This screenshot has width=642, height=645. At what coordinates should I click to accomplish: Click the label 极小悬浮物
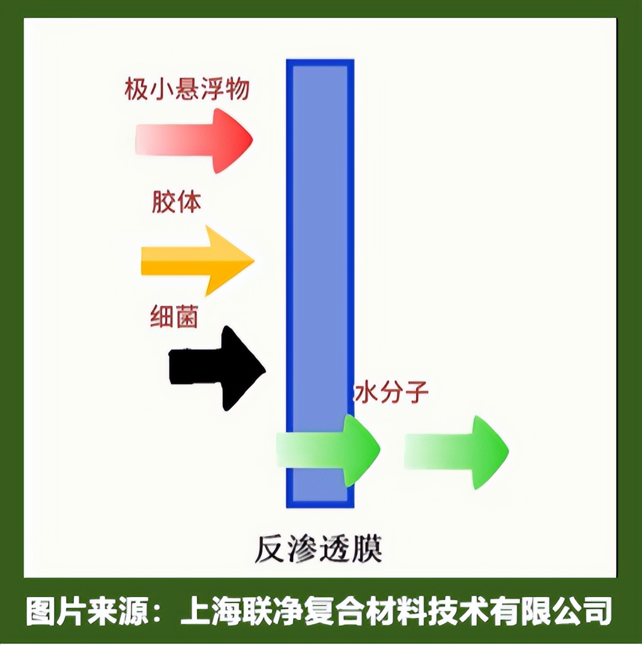[x=187, y=89]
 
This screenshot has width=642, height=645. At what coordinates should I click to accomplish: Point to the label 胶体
[x=176, y=202]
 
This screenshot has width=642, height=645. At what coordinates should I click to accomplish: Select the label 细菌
[x=174, y=317]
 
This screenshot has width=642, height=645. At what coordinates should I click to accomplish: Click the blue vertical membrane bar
[x=320, y=236]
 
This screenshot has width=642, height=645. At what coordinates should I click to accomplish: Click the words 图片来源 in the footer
[x=87, y=611]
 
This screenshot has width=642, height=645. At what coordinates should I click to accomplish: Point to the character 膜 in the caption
[x=367, y=549]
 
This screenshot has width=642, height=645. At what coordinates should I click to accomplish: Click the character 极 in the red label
[x=136, y=89]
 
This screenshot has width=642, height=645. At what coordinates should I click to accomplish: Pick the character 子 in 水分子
[x=417, y=392]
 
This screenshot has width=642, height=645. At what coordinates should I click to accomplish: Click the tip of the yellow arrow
[x=253, y=260]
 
